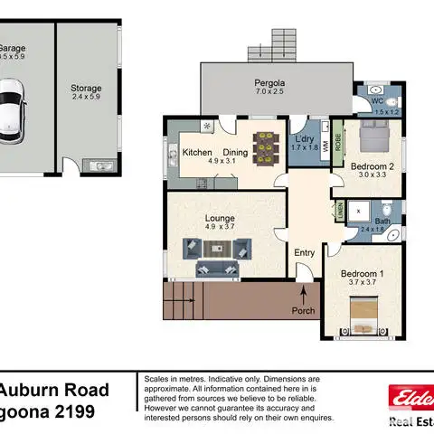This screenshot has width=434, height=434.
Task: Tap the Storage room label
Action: point(87,89)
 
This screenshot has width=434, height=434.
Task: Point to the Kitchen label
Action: point(197,153)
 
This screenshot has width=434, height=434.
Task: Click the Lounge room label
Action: point(220,218)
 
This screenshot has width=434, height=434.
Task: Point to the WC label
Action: point(378,101)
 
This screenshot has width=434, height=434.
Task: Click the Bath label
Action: point(383,222)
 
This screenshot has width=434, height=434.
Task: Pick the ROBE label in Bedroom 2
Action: point(338,142)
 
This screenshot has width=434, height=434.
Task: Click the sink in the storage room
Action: point(97,165)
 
